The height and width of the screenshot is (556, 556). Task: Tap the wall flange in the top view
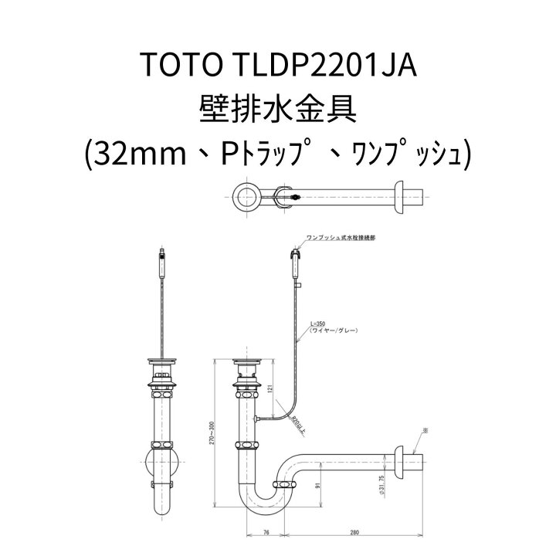[400, 197]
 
